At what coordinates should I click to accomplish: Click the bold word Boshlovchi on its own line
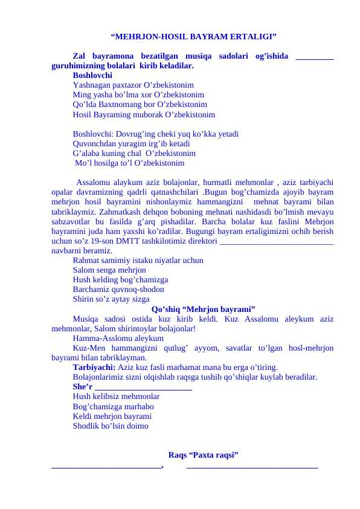92,76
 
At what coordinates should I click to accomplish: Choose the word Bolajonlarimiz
101,376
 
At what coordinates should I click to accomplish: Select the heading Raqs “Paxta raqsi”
202,455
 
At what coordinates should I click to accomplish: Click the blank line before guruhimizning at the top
315,57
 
